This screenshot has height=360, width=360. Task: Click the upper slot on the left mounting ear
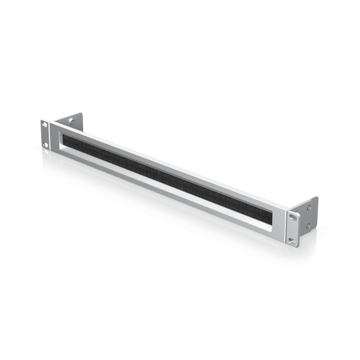coord(45,124)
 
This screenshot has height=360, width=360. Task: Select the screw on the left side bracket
coord(72,121)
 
